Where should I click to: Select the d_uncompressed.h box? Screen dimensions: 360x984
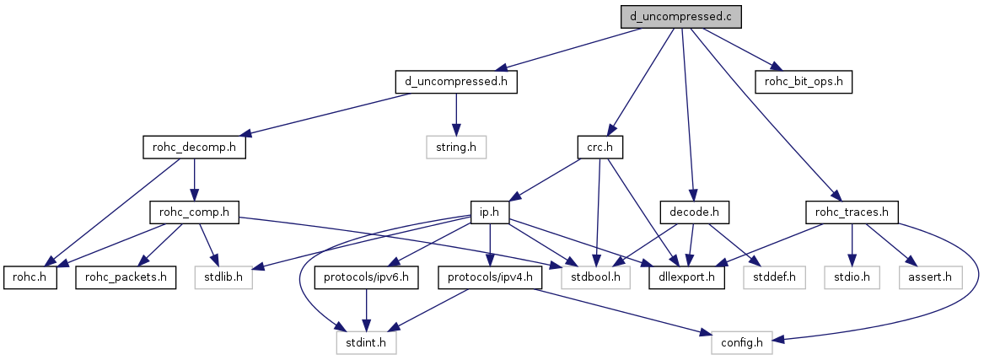click(456, 83)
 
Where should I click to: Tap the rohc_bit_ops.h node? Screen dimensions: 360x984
click(804, 83)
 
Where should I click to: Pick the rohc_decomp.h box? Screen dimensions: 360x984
click(195, 148)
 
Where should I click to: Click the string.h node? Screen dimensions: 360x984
click(456, 148)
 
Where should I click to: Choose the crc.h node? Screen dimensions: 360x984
click(600, 148)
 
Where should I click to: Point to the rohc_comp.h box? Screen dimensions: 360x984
click(195, 212)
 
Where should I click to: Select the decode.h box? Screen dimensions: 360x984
click(694, 212)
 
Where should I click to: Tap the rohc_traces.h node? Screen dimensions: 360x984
click(852, 212)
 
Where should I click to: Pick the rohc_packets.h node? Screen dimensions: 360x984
click(126, 277)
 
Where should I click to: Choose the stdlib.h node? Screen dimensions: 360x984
click(223, 277)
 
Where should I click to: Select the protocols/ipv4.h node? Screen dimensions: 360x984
click(490, 277)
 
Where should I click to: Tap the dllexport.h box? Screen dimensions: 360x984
click(686, 277)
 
